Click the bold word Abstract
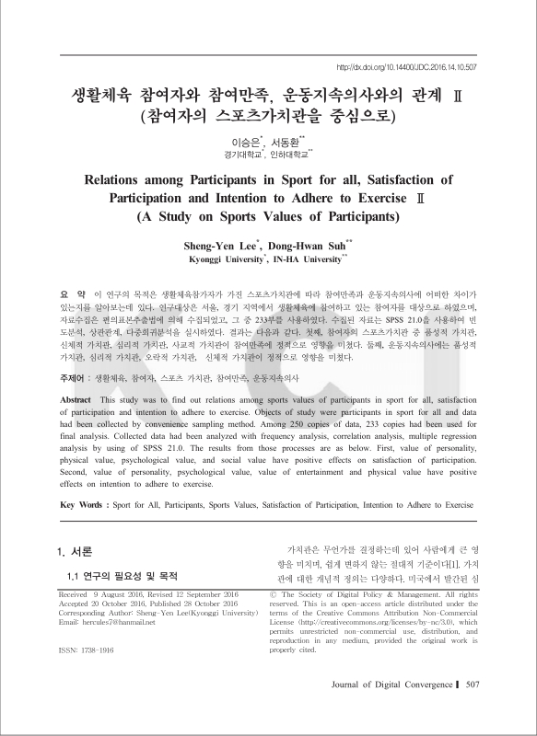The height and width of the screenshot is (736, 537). tap(75, 401)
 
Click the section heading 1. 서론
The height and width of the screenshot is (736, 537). tap(74, 552)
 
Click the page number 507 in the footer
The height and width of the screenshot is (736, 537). tap(473, 710)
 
